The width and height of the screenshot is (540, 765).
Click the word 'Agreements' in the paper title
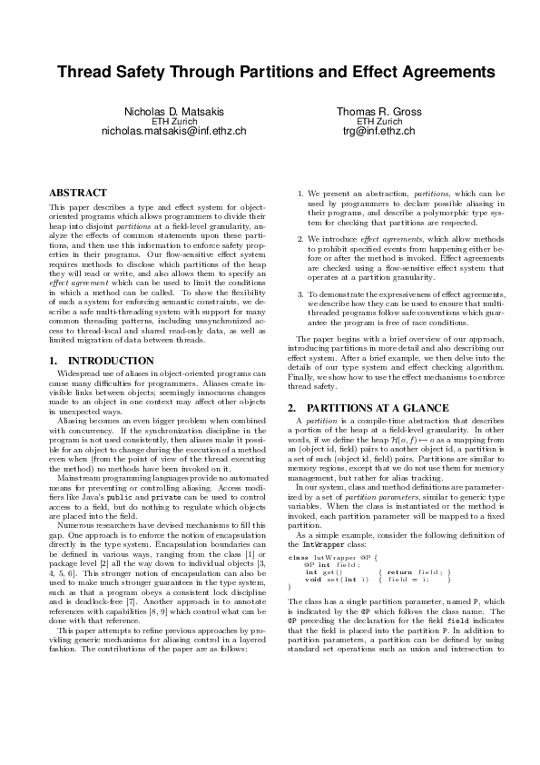(432, 71)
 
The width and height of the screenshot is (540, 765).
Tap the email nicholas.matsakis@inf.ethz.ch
(173, 131)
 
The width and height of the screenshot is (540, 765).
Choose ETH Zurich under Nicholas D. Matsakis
(173, 121)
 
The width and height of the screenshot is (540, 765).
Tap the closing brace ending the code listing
(290, 587)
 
